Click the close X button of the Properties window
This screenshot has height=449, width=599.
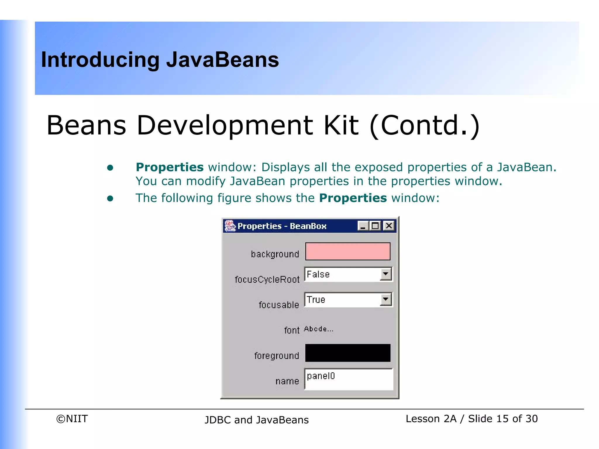click(x=389, y=226)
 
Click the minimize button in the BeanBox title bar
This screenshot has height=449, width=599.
click(x=363, y=226)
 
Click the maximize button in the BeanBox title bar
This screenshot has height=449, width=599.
click(x=375, y=226)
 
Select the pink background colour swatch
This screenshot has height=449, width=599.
click(x=348, y=251)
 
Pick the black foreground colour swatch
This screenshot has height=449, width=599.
click(x=348, y=353)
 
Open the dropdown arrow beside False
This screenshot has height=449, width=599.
click(x=386, y=274)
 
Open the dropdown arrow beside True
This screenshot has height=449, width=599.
click(x=386, y=299)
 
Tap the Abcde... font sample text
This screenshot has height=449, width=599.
click(x=319, y=329)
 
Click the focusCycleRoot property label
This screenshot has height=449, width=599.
click(x=267, y=279)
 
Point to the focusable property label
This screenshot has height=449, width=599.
click(x=279, y=305)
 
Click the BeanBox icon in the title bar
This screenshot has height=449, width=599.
click(x=230, y=226)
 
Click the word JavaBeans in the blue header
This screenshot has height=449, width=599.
click(x=223, y=60)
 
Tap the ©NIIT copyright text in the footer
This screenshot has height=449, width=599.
click(x=72, y=419)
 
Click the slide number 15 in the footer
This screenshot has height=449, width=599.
click(x=502, y=419)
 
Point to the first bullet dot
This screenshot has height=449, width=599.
click(x=110, y=167)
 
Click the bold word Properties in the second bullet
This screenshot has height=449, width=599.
click(x=353, y=198)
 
